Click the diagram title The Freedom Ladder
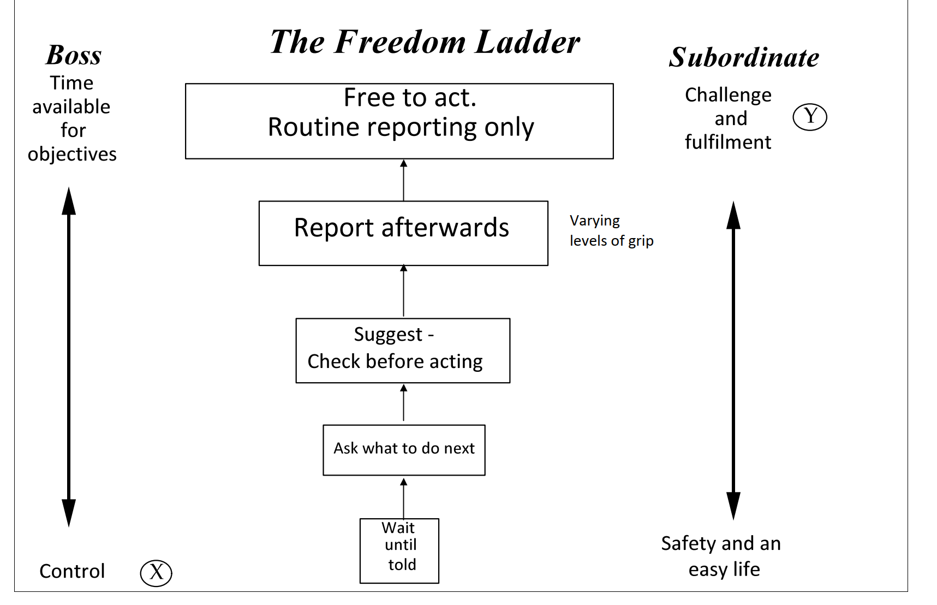click(425, 42)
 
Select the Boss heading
click(74, 55)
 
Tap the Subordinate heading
click(744, 57)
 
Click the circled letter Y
click(810, 117)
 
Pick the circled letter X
click(156, 573)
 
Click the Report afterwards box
click(403, 233)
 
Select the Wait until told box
click(399, 550)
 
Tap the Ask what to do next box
click(404, 450)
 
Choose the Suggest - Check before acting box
click(403, 351)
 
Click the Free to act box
click(399, 121)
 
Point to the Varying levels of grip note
click(611, 230)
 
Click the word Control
click(72, 571)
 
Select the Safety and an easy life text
click(721, 556)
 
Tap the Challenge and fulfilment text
click(728, 118)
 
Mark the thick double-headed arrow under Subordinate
click(733, 360)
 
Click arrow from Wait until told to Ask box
click(404, 498)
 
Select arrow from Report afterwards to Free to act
click(404, 180)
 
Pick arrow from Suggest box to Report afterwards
click(404, 292)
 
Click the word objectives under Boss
click(72, 155)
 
